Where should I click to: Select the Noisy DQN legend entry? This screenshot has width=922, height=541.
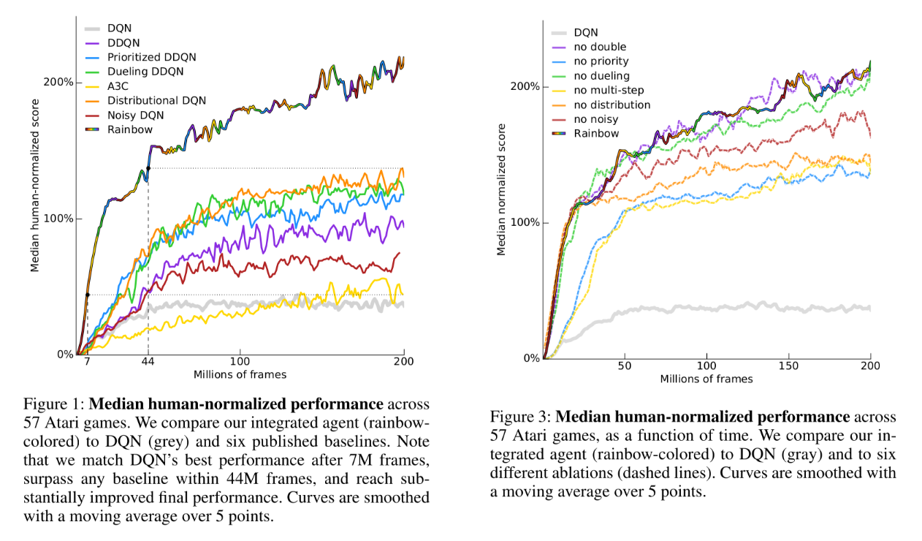[135, 115]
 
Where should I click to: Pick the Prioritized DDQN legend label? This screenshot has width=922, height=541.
[151, 57]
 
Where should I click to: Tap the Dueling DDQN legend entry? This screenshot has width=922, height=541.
[145, 72]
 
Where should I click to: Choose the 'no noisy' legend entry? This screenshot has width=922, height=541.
[595, 119]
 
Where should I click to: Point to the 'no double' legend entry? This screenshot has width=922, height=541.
[600, 47]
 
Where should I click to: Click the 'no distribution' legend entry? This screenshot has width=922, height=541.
[612, 105]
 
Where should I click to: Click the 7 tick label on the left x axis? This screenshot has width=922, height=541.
[87, 362]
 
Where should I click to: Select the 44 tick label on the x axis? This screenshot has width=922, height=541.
[148, 362]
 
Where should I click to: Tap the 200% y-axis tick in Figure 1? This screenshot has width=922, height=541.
[58, 82]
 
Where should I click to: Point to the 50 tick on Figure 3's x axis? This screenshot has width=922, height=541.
[625, 366]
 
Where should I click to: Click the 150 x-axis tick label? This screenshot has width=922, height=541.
[788, 366]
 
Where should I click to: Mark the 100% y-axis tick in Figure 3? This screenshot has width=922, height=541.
[525, 222]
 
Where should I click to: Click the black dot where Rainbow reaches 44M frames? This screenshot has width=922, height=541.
[148, 169]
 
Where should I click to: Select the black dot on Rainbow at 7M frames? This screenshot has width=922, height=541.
[87, 295]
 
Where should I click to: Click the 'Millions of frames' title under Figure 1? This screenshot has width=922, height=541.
[240, 375]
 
